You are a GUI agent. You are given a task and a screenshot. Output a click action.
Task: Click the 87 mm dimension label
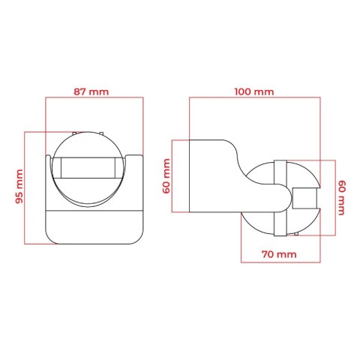tap(91, 91)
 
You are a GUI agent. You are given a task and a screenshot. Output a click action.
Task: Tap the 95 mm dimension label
tap(19, 186)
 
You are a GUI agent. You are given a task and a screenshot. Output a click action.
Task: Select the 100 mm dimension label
tap(254, 91)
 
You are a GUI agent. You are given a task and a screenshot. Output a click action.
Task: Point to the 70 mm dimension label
tap(279, 254)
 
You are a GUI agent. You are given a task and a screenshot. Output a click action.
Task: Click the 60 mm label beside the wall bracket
tap(166, 176)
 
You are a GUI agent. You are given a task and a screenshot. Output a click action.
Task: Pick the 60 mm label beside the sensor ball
tap(341, 197)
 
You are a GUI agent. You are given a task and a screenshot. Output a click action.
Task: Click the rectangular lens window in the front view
tap(88, 168)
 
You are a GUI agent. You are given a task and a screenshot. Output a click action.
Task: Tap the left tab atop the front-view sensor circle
tap(74, 133)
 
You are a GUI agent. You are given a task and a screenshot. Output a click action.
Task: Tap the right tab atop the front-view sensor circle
tap(101, 133)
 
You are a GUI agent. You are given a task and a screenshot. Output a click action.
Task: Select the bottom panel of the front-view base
tap(94, 227)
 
